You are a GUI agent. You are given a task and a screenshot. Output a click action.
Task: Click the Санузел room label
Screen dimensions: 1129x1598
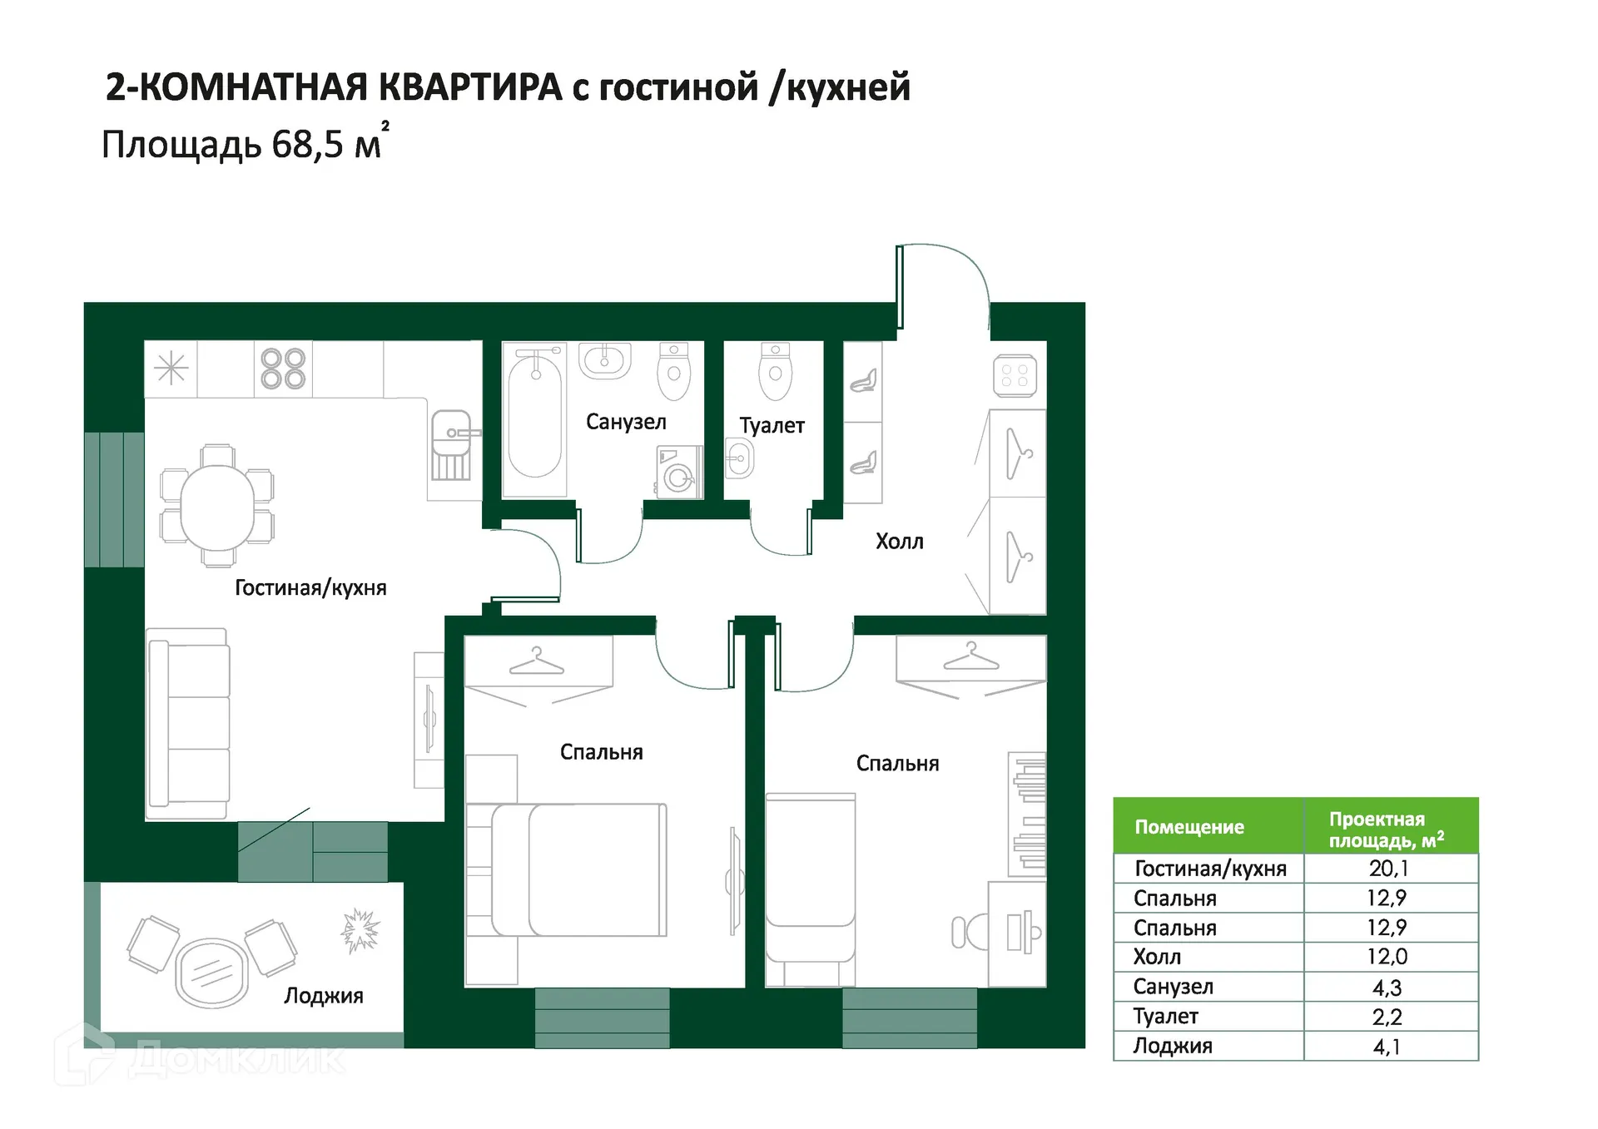626,422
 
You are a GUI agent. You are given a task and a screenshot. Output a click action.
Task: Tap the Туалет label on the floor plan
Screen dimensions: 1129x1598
772,425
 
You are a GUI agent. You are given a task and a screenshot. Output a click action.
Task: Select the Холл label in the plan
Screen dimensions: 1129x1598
899,542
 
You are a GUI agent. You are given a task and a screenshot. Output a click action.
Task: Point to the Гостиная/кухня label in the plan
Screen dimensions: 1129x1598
310,588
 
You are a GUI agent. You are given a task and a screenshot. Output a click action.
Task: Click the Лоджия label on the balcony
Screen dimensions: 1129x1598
323,996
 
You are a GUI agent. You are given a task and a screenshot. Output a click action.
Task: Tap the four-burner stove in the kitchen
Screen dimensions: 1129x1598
283,369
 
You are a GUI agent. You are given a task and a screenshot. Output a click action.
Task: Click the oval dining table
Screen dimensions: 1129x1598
217,505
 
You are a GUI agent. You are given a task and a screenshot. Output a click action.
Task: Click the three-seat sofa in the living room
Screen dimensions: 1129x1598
189,724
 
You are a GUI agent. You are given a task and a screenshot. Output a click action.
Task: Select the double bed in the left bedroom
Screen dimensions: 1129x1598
578,869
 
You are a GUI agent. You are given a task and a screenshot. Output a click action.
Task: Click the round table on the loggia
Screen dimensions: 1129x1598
212,972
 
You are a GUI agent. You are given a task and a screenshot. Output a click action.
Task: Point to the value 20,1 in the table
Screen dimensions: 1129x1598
1388,869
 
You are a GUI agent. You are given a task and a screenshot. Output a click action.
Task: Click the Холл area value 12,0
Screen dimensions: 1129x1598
1387,957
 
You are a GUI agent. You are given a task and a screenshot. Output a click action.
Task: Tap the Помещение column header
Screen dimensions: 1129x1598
1189,827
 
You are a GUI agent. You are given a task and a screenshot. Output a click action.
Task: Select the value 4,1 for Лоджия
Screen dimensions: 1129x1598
1387,1047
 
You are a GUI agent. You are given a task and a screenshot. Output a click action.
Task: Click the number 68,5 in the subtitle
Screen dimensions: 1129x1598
307,145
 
